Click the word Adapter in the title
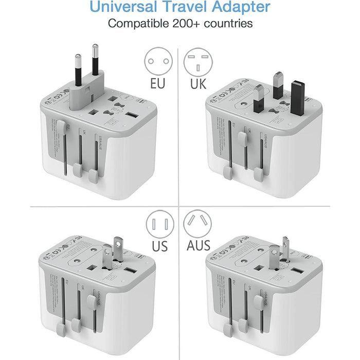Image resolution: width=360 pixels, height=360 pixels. click(241, 8)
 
